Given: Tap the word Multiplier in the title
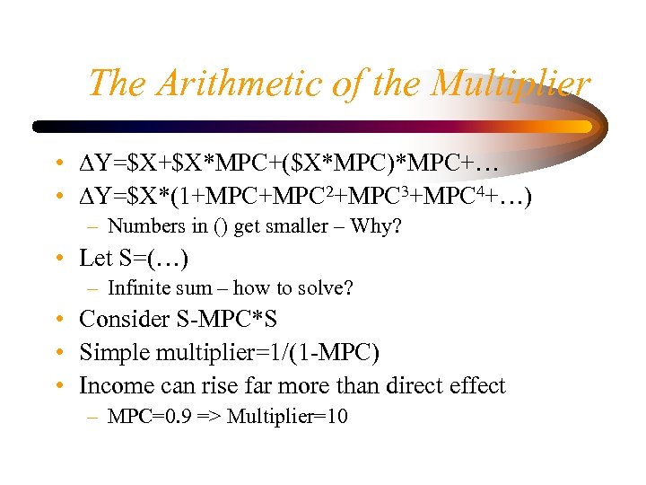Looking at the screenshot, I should [510, 84].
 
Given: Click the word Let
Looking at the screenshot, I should [95, 259].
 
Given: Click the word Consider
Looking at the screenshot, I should [122, 320].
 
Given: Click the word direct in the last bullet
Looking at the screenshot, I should [405, 386].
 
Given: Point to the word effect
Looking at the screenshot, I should [475, 386].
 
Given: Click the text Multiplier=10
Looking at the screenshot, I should [287, 417].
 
